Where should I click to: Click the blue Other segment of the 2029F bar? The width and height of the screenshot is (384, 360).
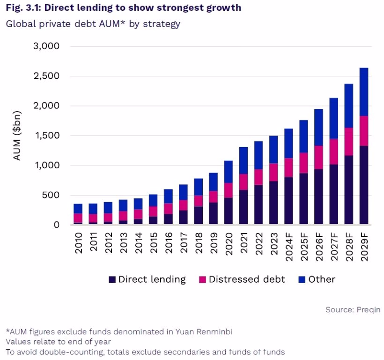tap(363, 92)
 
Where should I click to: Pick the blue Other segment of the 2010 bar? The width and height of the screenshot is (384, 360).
tap(78, 209)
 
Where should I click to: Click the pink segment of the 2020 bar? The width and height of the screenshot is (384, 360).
tap(229, 190)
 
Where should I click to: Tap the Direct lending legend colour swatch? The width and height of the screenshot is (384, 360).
tap(112, 280)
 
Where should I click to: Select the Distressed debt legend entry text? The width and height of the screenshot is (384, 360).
tap(247, 280)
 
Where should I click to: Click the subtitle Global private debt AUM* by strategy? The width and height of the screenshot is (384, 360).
tap(93, 24)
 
